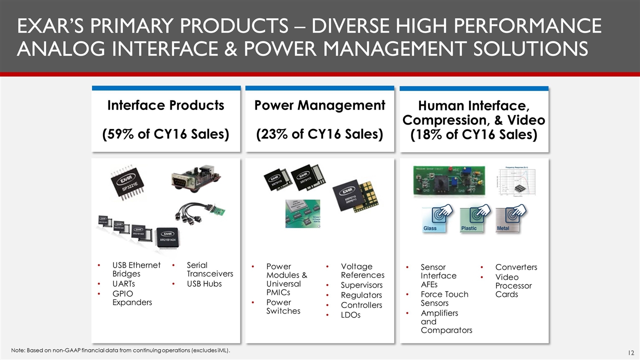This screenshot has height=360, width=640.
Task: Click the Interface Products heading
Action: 165,105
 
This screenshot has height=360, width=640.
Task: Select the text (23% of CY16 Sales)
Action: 319,134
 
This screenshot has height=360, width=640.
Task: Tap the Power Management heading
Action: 319,105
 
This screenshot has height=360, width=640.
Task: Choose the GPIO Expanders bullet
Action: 132,298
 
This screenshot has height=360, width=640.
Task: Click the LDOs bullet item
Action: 350,315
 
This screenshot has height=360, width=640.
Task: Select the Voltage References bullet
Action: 362,271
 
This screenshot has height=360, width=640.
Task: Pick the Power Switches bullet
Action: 283,306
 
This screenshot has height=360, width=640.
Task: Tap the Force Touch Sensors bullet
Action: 444,298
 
